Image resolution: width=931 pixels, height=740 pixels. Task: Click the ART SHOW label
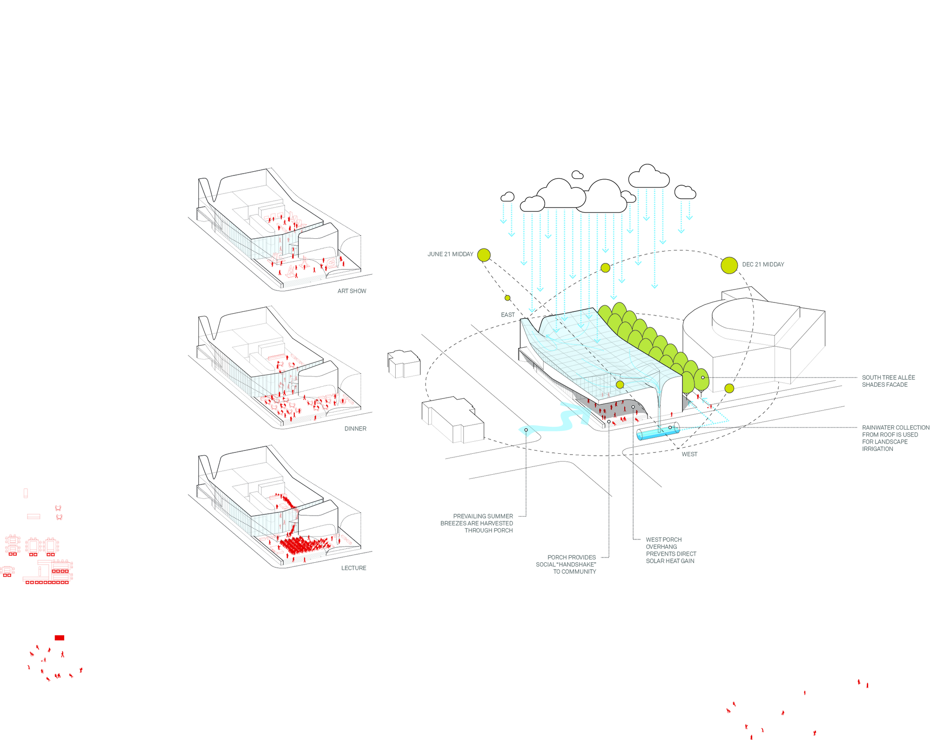[x=351, y=291]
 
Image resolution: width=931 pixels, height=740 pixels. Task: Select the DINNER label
[x=355, y=429]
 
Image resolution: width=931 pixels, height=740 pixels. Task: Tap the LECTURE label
[x=353, y=568]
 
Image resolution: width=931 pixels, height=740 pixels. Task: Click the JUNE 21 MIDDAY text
[x=450, y=254]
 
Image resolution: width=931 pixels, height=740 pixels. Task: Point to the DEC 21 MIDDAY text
[x=763, y=264]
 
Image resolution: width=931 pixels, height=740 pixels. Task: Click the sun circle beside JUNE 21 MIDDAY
[x=484, y=255]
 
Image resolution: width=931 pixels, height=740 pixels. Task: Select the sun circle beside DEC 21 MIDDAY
[x=729, y=265]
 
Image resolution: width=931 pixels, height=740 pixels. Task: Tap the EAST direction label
[x=507, y=315]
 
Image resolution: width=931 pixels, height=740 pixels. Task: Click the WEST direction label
[x=689, y=454]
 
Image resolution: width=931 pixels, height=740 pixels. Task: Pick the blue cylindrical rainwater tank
[x=657, y=431]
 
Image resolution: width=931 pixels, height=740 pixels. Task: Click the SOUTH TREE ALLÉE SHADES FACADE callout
[x=888, y=381]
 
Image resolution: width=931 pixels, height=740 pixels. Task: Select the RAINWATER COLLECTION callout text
[x=895, y=438]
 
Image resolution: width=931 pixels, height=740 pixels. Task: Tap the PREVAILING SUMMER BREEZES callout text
[x=477, y=523]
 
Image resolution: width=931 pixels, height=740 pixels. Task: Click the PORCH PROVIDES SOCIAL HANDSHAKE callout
[x=566, y=565]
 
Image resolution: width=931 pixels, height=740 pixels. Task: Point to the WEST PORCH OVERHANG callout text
[x=671, y=550]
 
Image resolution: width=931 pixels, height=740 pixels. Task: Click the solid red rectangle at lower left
[x=60, y=638]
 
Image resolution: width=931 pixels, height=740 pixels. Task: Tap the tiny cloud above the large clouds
[x=577, y=175]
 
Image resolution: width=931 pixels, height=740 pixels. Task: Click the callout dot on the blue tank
[x=670, y=427]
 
